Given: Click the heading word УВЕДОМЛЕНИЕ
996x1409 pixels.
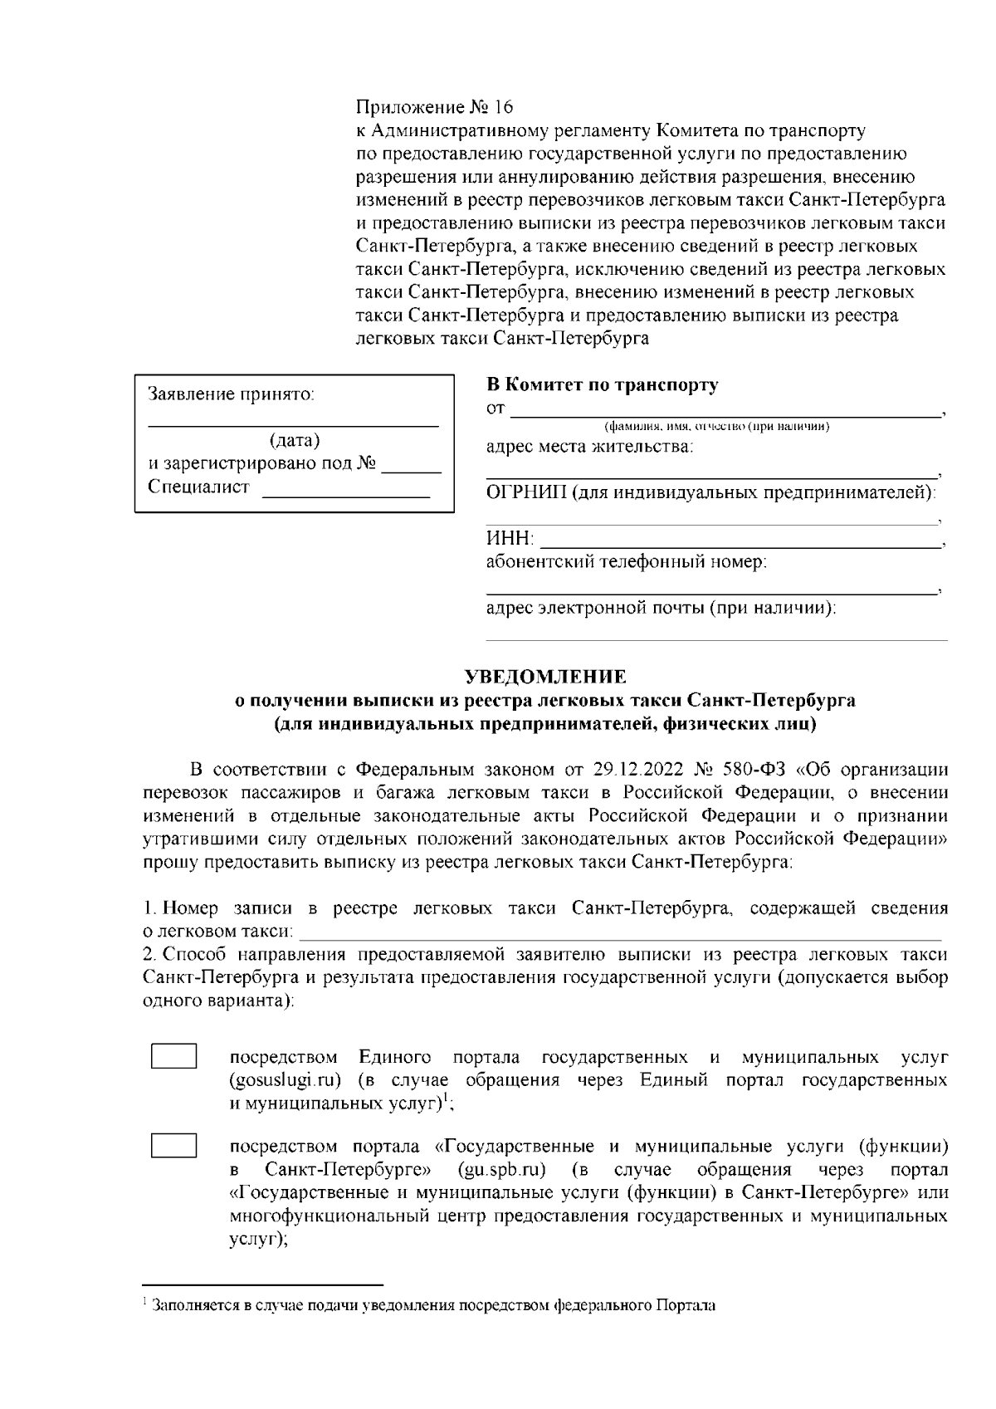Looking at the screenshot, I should tap(545, 676).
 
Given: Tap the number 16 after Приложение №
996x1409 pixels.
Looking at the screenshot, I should tap(503, 108).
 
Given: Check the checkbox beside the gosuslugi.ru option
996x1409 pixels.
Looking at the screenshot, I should tap(173, 1057).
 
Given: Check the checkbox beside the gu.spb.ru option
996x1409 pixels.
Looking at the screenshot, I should tap(173, 1147).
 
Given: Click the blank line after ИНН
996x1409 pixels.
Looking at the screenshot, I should tap(739, 545).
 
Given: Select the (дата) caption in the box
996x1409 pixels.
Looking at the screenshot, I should tap(295, 440).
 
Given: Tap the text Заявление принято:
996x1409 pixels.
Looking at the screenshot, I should tap(232, 394).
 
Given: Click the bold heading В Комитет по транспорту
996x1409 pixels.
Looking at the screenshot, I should tap(602, 385).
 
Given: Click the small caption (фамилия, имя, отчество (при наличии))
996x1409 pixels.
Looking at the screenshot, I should tap(717, 427).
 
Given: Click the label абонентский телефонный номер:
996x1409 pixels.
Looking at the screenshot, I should tap(626, 562).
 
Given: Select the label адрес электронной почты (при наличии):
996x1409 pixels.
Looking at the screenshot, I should tap(661, 609).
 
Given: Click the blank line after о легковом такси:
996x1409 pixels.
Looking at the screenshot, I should tap(619, 937).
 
